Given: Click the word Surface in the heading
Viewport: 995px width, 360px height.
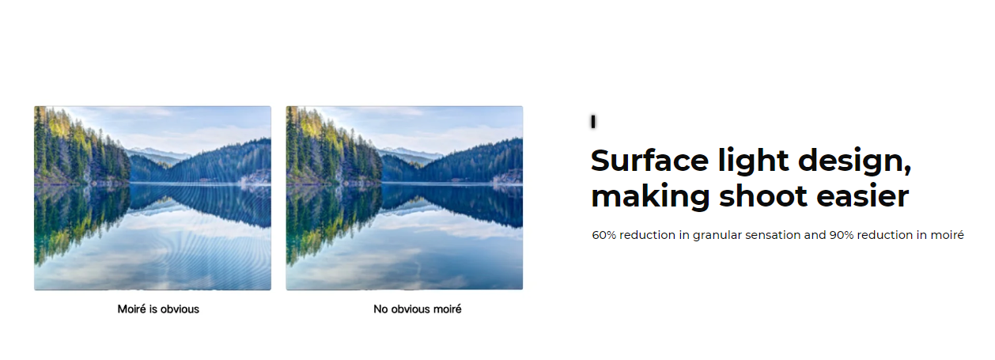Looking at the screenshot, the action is pyautogui.click(x=649, y=160).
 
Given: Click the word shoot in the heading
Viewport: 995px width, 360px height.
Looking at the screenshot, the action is pyautogui.click(x=762, y=195).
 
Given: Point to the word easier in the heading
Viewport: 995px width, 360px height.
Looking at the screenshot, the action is pyautogui.click(x=863, y=195).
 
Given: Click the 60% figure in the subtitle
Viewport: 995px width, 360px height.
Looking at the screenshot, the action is pyautogui.click(x=603, y=235).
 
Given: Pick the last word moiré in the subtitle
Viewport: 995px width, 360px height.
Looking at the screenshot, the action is pyautogui.click(x=947, y=235).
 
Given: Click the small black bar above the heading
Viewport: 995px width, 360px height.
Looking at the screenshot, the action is pyautogui.click(x=593, y=121).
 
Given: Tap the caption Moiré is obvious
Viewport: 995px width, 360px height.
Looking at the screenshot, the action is pyautogui.click(x=158, y=309).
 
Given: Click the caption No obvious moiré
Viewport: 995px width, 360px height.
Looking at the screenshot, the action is pyautogui.click(x=418, y=309).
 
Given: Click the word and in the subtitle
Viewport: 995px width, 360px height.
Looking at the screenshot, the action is pyautogui.click(x=815, y=235).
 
